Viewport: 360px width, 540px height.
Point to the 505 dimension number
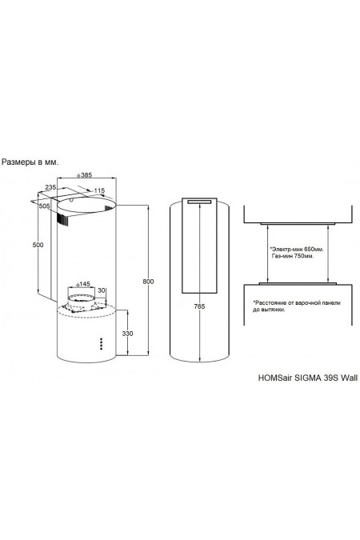[x=44, y=206]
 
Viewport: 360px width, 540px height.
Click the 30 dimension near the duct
[x=101, y=290]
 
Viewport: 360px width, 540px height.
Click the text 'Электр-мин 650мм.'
[x=296, y=250]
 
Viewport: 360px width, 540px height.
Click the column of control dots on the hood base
[x=102, y=342]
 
